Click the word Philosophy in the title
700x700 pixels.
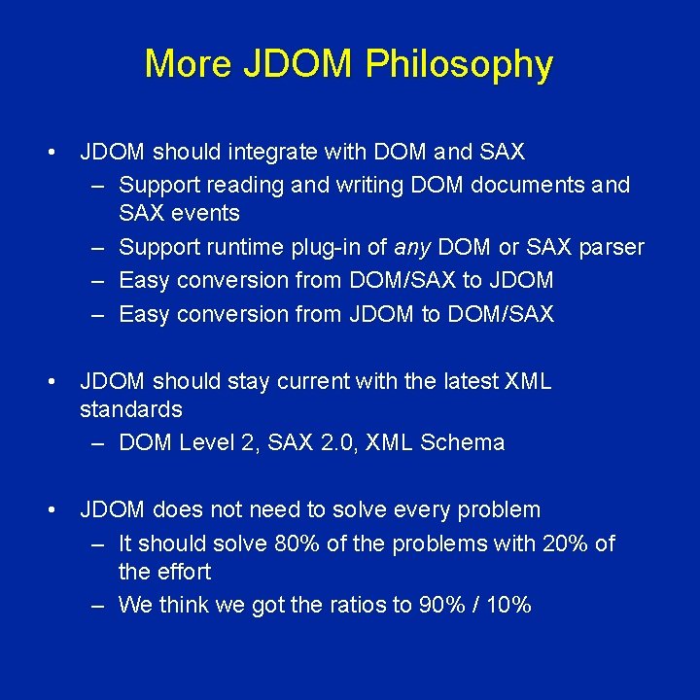[x=459, y=65]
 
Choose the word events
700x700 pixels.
[x=206, y=213]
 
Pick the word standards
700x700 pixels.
[x=130, y=408]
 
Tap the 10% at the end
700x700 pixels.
[x=509, y=605]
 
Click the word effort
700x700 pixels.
[x=184, y=572]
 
